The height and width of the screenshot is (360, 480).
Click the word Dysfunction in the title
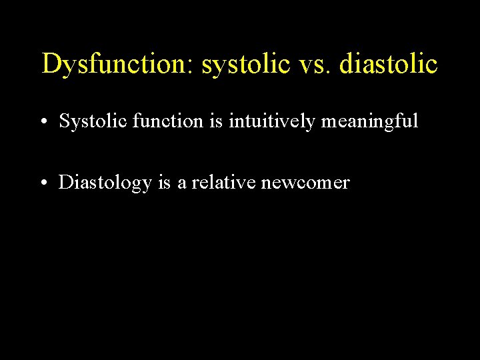coord(113,65)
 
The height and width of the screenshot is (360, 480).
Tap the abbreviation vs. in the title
coord(313,65)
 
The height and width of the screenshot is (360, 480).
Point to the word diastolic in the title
coord(389,65)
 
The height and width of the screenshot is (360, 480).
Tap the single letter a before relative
coord(182,183)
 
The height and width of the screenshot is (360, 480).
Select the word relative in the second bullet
coord(223,183)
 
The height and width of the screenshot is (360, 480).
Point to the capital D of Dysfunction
coord(50,64)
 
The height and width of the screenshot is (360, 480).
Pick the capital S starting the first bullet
coord(63,121)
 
